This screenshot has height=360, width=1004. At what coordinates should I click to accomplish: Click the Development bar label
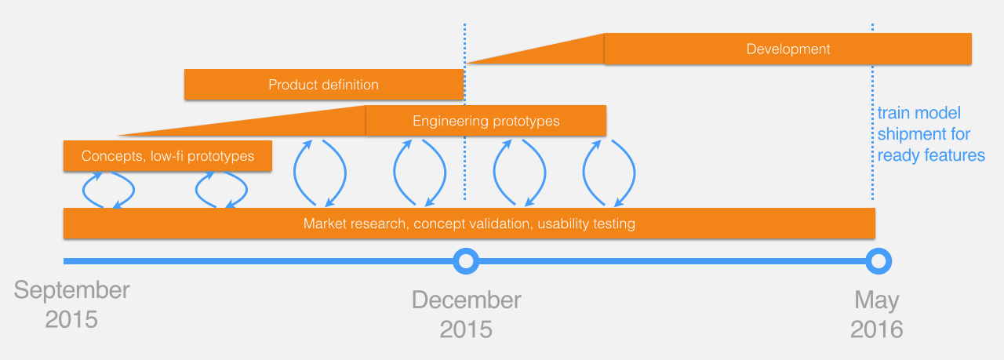(788, 49)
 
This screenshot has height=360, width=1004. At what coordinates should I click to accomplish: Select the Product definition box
(324, 84)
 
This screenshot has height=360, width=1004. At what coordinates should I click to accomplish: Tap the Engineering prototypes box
(486, 121)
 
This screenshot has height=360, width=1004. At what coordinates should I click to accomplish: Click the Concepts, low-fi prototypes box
(168, 155)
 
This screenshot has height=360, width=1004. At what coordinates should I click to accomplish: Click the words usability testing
(586, 224)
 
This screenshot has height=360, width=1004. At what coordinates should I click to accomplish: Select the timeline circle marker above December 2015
(466, 261)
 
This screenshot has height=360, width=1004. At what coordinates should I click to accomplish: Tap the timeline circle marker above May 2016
(878, 261)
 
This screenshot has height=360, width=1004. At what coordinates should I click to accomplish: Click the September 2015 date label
(71, 304)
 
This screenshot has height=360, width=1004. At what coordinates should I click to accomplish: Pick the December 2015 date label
(466, 315)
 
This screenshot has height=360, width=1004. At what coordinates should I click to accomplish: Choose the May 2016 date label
(877, 315)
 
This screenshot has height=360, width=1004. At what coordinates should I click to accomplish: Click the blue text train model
(919, 113)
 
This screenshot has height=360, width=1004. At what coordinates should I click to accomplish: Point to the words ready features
(931, 155)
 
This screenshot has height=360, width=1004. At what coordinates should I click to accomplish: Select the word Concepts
(112, 156)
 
